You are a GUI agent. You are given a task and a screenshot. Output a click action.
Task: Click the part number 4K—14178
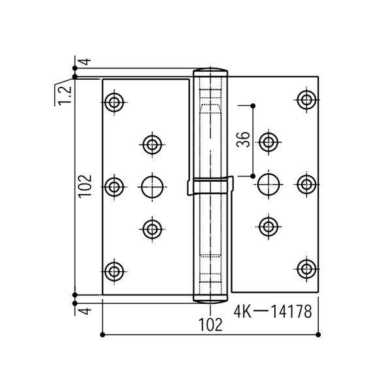[x=272, y=312]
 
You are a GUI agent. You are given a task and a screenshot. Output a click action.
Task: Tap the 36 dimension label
[x=243, y=140]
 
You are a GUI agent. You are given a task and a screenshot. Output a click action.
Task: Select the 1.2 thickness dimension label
[x=65, y=95]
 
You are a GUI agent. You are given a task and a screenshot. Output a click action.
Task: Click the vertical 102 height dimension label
[x=85, y=186]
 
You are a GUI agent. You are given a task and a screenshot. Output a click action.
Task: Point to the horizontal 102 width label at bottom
[x=210, y=325]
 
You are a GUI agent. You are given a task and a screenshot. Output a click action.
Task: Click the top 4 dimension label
[x=86, y=61]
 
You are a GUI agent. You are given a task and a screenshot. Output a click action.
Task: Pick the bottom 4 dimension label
[x=86, y=311]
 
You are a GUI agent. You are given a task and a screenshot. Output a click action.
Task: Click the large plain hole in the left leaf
[x=152, y=187]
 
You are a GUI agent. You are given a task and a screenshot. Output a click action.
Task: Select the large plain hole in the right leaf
[x=269, y=185]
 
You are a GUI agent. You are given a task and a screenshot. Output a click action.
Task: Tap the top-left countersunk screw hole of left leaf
[x=114, y=103]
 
